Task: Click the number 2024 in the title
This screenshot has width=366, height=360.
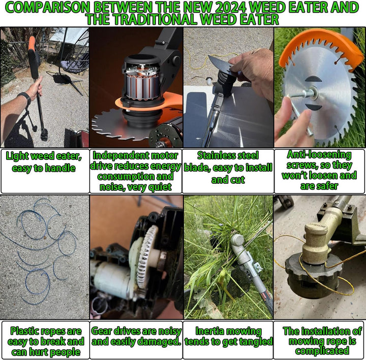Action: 231,7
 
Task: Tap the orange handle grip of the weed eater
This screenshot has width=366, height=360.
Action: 32,44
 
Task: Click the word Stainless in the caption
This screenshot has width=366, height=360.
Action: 228,155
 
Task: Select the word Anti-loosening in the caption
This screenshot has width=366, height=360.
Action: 319,154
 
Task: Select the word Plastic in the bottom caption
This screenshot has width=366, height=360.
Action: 25,331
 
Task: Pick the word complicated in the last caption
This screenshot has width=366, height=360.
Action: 322,351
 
